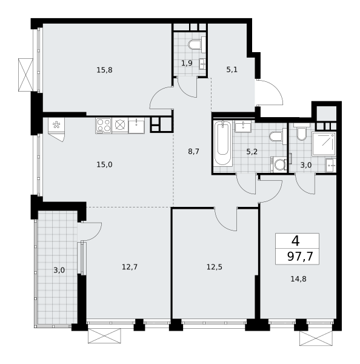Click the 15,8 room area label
click(104, 70)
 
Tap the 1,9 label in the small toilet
click(187, 63)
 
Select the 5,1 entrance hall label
click(232, 69)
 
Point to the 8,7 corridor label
click(193, 152)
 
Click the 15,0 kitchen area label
click(104, 164)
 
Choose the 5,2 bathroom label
click(252, 152)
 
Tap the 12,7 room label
click(130, 267)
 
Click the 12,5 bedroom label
click(215, 267)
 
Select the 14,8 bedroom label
click(299, 279)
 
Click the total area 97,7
click(301, 257)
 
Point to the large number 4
click(296, 241)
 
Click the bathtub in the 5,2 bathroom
click(222, 143)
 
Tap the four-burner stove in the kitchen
click(104, 126)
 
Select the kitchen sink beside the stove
click(136, 126)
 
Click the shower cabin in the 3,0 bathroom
click(324, 143)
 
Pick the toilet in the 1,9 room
click(196, 44)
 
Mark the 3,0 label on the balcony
click(59, 270)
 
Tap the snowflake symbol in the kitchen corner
click(56, 125)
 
